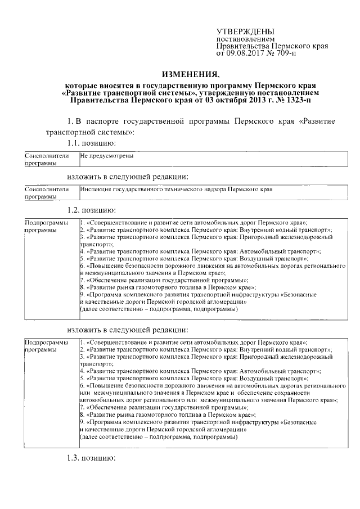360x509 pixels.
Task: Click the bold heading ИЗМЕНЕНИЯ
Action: pyautogui.click(x=190, y=74)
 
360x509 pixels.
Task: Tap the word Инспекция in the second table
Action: pyautogui.click(x=95, y=190)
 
